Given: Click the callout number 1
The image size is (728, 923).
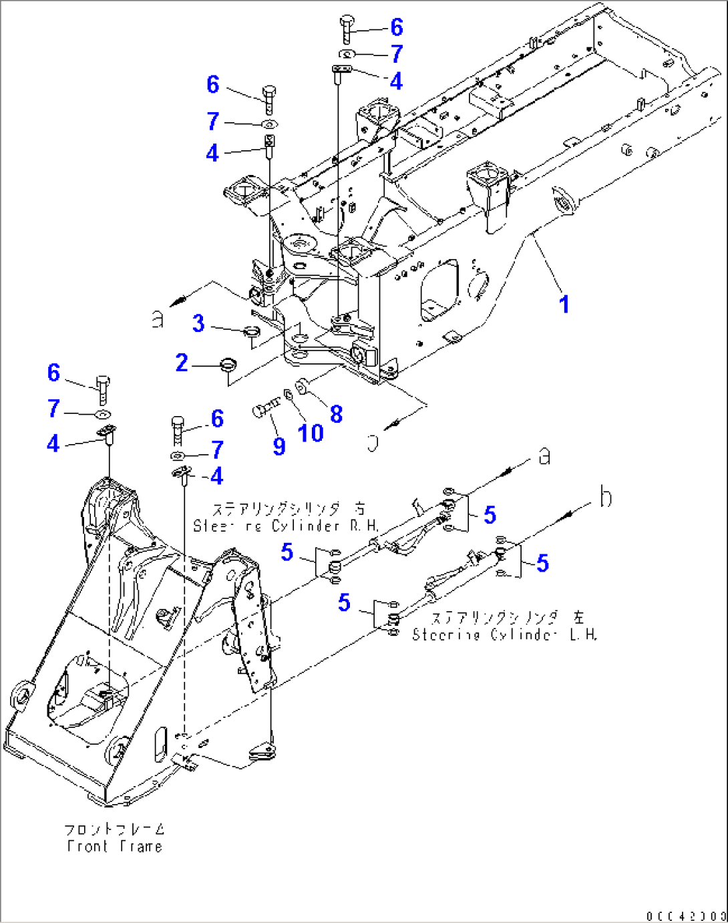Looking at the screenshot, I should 564,305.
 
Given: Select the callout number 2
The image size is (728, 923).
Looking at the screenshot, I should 182,363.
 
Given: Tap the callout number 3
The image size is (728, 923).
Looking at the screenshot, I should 198,323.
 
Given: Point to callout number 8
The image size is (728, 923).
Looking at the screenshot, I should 336,414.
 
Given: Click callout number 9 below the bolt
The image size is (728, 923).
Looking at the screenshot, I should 279,447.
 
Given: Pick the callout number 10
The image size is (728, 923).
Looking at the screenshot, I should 311,433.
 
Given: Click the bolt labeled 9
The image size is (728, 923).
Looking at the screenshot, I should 264,407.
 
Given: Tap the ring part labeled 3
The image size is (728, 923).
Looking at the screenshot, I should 252,329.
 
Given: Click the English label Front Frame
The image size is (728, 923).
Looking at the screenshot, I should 114,846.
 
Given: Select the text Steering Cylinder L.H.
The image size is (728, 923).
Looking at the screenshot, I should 504,634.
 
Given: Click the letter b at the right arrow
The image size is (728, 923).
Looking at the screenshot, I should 605,498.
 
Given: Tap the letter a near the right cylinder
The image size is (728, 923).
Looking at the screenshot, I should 544,457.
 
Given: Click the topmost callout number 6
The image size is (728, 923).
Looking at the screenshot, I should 396,27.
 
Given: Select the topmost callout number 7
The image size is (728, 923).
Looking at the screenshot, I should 397,53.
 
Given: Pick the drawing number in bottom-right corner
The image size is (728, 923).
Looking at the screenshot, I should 686,914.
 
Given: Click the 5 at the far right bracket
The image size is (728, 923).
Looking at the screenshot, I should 542,564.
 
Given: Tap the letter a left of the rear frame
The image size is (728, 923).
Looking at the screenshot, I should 158,320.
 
